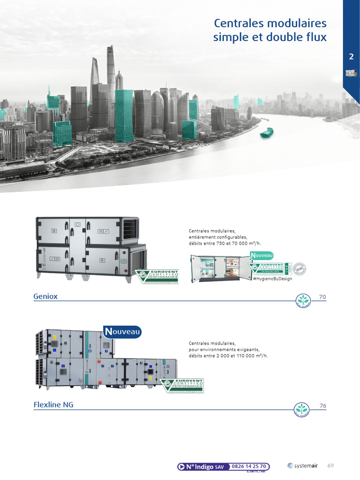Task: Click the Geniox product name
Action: (x=45, y=297)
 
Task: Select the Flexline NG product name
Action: (x=53, y=405)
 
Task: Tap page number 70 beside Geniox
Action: (x=322, y=297)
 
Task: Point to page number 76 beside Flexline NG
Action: (x=322, y=405)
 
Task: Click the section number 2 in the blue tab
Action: (x=351, y=57)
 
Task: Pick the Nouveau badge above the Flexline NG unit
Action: (x=122, y=331)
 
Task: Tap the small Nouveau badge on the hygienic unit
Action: (x=262, y=255)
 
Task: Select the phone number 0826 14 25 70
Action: (x=249, y=466)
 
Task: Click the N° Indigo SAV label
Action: (x=204, y=467)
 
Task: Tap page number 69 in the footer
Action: (x=330, y=465)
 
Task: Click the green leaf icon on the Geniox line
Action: (x=303, y=300)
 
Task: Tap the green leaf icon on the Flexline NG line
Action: (x=302, y=408)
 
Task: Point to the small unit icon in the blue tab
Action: (x=351, y=73)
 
